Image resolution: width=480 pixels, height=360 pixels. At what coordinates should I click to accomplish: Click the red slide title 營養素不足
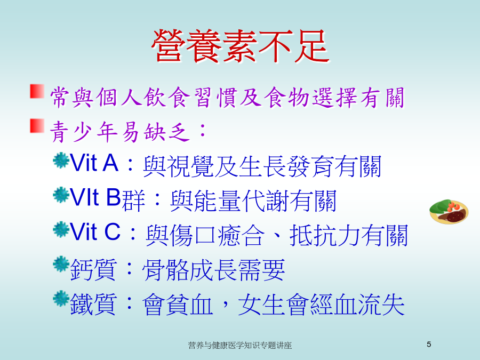click(240, 46)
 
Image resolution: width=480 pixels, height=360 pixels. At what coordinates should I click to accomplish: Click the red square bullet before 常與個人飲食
click(37, 91)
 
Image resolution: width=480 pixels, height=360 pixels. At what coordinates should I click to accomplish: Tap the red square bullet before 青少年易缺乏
click(37, 126)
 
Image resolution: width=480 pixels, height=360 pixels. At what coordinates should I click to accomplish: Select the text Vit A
click(94, 163)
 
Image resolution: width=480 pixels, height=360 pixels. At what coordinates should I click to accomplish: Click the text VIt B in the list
click(95, 197)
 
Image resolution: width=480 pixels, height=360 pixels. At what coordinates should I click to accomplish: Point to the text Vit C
click(95, 232)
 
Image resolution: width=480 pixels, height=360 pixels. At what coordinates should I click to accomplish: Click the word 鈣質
click(93, 270)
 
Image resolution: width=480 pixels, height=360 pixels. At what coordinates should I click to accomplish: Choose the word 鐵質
click(93, 305)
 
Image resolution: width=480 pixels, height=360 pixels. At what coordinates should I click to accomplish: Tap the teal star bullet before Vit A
click(61, 161)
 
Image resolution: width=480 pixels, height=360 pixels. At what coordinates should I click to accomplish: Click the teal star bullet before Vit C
click(61, 229)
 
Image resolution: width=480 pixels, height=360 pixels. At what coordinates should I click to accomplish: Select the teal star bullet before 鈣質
click(61, 264)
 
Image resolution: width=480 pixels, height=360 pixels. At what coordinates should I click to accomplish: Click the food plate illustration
click(449, 211)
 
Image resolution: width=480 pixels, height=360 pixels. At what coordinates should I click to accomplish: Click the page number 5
click(429, 345)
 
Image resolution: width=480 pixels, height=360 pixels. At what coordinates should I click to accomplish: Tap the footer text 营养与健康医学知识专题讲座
click(240, 345)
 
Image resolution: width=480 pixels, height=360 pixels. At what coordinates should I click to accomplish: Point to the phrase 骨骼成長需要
click(214, 270)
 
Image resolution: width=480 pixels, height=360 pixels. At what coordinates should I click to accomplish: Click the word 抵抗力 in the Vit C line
click(325, 235)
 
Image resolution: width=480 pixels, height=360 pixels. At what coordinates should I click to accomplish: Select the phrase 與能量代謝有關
click(253, 201)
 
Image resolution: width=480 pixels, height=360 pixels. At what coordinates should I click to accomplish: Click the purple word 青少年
click(84, 132)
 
